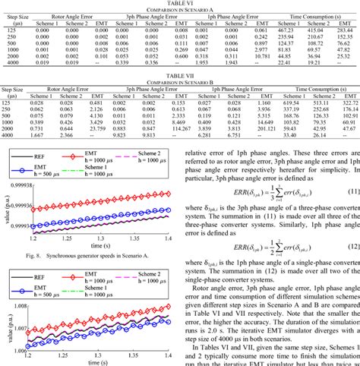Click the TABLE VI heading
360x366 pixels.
tap(179, 3)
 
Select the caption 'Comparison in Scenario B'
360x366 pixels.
tap(179, 81)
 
